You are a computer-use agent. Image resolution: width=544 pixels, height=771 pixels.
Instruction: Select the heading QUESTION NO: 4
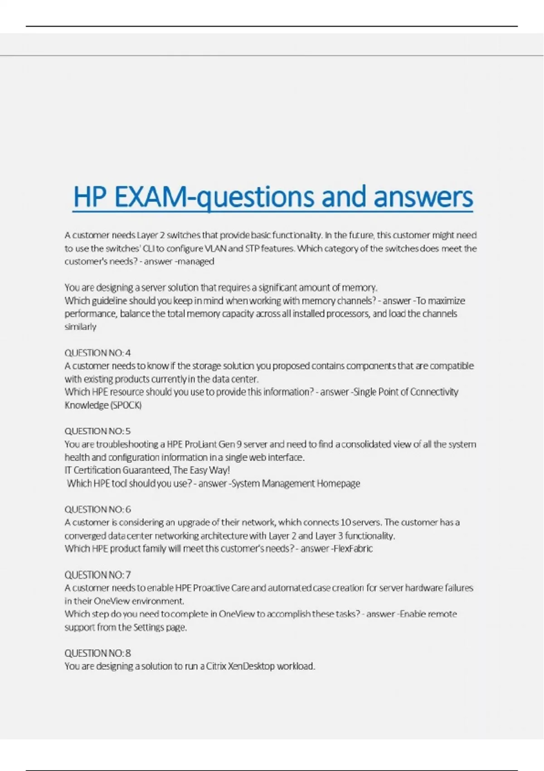[97, 353]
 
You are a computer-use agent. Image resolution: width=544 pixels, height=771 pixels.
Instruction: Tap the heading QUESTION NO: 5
[97, 431]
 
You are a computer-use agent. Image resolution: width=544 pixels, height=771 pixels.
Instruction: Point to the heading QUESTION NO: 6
[97, 509]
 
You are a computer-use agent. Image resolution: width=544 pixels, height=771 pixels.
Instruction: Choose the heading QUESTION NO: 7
[97, 575]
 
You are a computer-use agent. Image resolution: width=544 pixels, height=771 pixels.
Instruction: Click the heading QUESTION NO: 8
[97, 653]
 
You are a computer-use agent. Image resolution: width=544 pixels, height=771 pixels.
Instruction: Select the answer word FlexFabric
[353, 548]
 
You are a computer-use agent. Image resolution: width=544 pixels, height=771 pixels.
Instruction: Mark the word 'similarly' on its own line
[80, 327]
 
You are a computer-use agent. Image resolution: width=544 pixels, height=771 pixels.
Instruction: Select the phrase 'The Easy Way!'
[201, 470]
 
